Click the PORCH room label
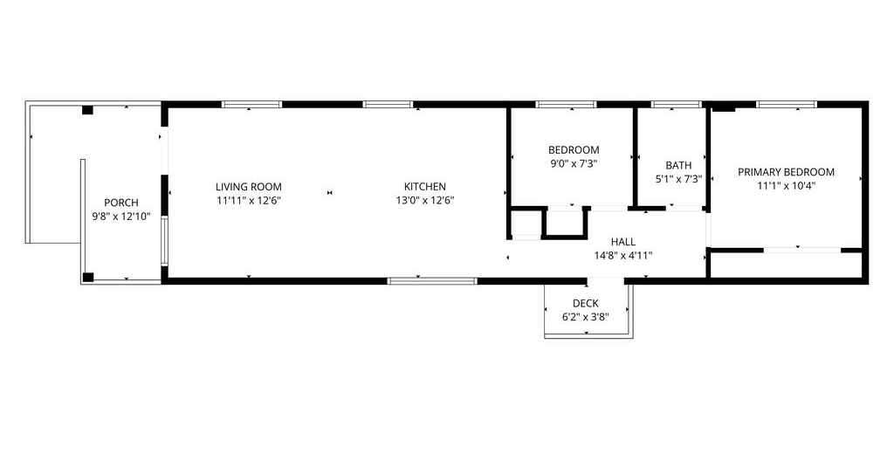(x=120, y=203)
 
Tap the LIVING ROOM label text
(x=249, y=186)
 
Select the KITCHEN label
(x=425, y=186)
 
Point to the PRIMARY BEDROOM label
(x=787, y=172)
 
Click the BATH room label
(x=678, y=165)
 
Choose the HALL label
(x=623, y=242)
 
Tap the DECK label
(x=586, y=303)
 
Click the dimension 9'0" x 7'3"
(x=574, y=163)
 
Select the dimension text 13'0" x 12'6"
(x=425, y=200)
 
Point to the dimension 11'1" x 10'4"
(x=787, y=185)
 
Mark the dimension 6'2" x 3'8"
(x=586, y=317)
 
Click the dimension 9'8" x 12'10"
(x=121, y=216)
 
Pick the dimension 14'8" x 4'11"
(x=623, y=255)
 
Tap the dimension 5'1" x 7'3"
(x=678, y=179)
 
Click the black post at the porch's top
(x=87, y=110)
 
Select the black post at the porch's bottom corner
(x=88, y=278)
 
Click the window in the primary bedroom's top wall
(x=787, y=104)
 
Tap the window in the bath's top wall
(x=677, y=104)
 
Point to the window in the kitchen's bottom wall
(x=432, y=280)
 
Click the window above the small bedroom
(x=566, y=104)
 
